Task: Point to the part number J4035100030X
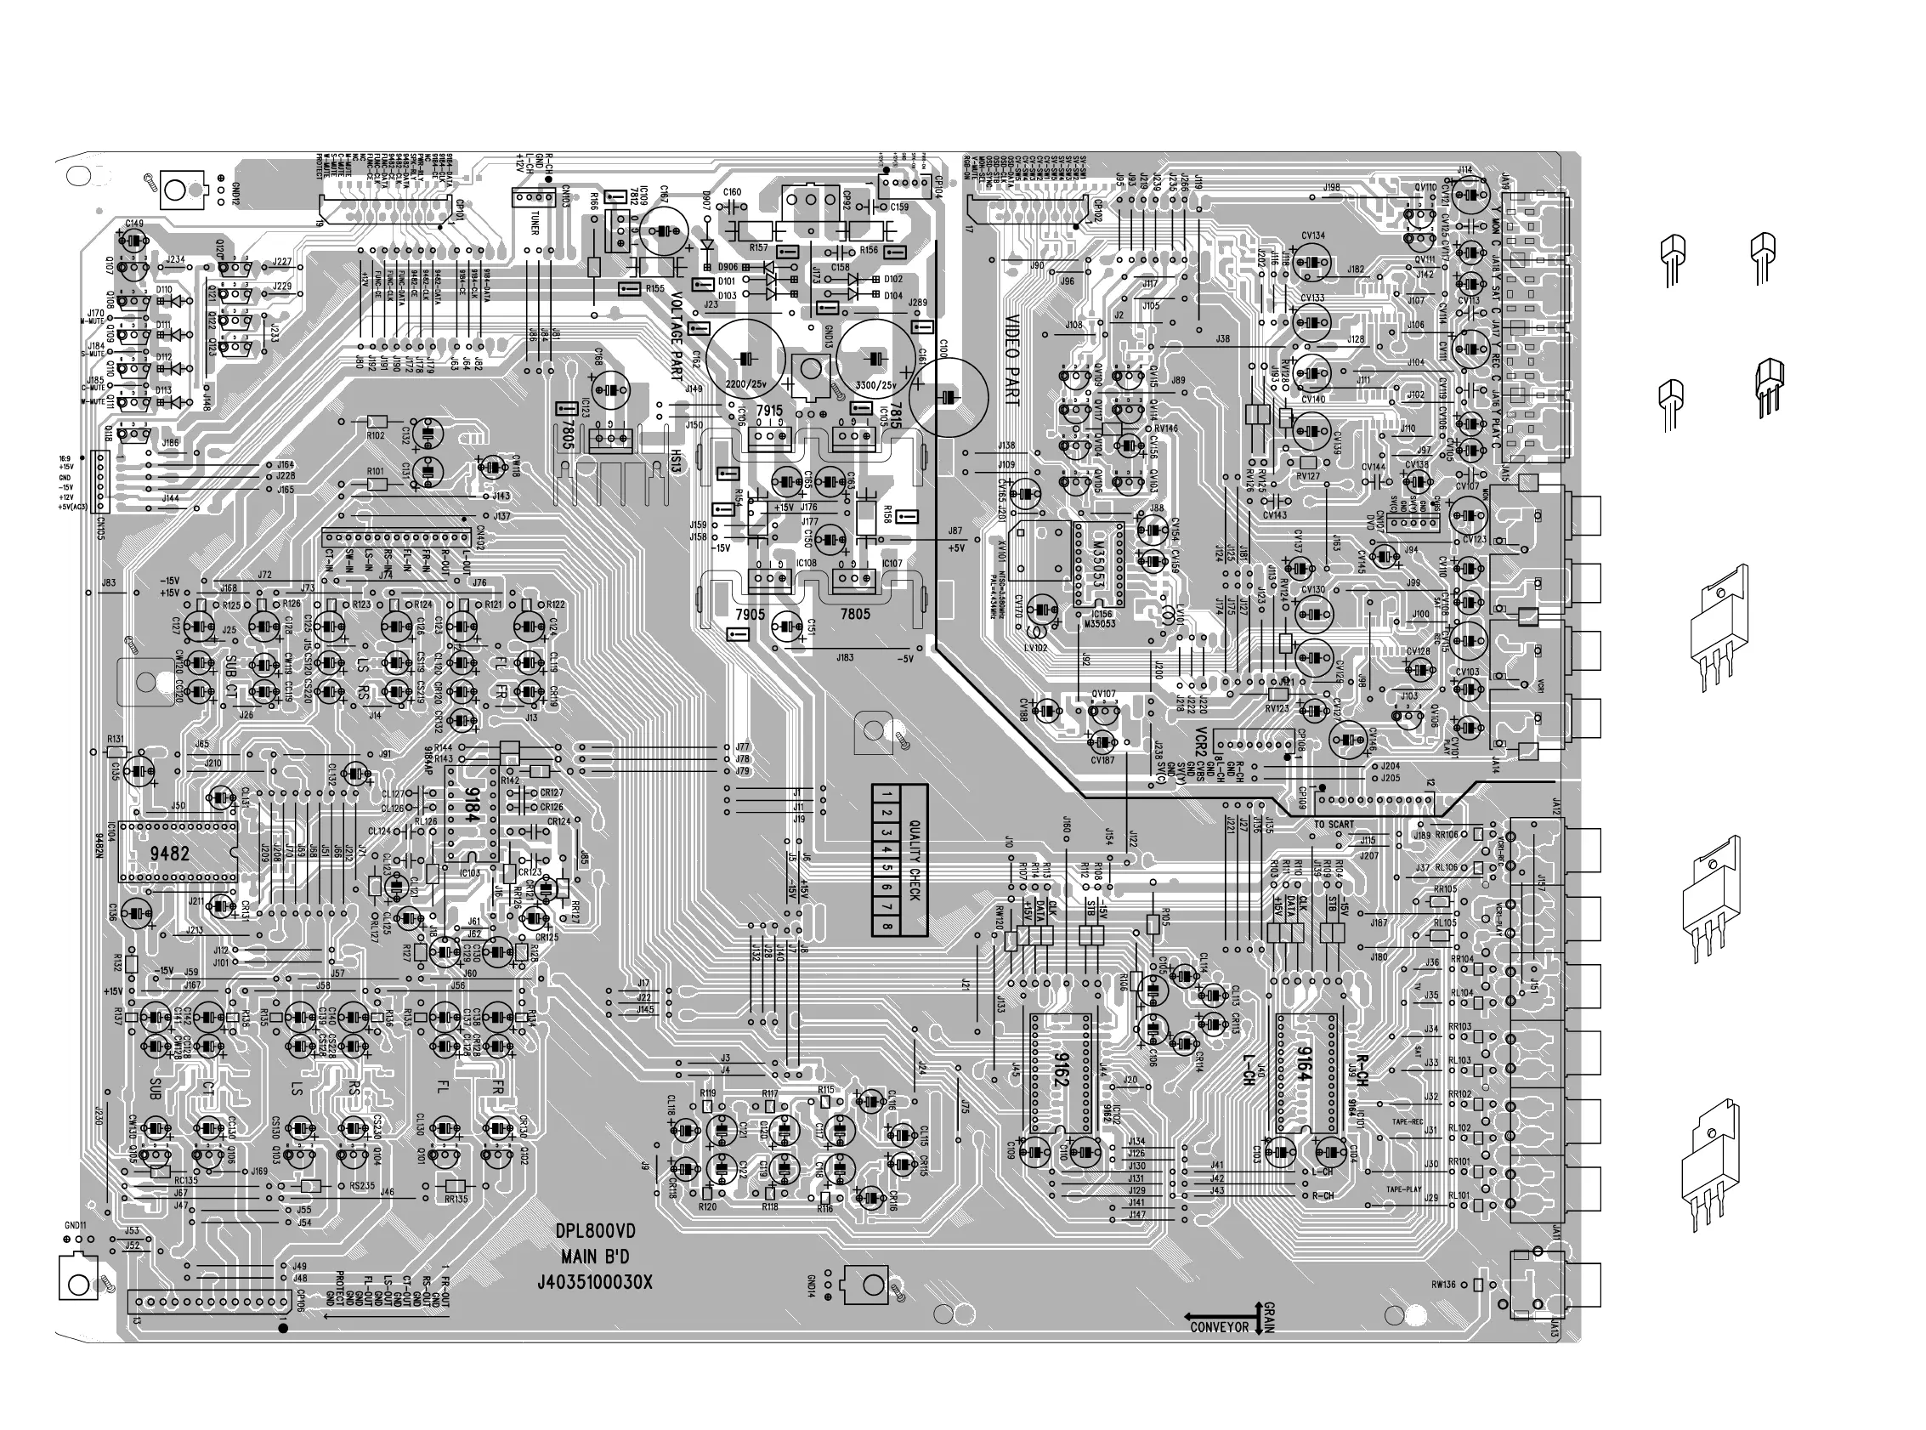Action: coord(594,1282)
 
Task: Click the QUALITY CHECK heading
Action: coord(914,860)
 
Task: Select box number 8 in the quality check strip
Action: coord(887,926)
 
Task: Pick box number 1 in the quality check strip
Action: coord(887,794)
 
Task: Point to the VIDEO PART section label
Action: coord(1011,360)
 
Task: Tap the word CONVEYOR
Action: coord(1219,1327)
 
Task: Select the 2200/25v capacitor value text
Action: coord(745,384)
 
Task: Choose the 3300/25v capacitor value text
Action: coord(875,384)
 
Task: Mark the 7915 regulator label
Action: coord(768,411)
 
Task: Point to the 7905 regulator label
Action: coord(750,615)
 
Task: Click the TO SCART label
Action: coord(1334,824)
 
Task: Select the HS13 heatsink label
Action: coord(676,460)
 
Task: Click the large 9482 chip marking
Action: coord(170,854)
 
